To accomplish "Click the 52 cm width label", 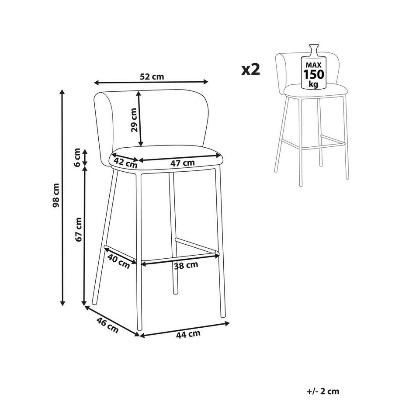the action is coord(152,76).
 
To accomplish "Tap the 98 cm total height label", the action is coord(56,196).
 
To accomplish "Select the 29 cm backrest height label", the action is coord(134,120).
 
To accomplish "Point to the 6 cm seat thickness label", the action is coord(77,157).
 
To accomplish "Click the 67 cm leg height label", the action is coord(79,229).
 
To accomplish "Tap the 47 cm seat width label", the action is coord(183,163).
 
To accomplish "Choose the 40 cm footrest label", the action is coord(118,261).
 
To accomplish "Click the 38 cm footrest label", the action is coord(186,266).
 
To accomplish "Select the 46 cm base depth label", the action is coord(107,325).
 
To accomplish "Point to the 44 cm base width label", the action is coord(188,334).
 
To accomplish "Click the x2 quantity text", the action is coord(251,69).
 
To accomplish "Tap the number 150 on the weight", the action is coord(314,74).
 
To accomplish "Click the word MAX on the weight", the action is coord(314,66).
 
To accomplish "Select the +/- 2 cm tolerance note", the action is coord(323,391).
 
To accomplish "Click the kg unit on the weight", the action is coord(313,84).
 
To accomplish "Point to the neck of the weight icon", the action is coord(314,50).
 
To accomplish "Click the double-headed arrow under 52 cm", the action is coord(151,82).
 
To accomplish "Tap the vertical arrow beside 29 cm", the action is coord(140,119).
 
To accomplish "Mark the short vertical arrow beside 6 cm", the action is coord(85,157).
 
